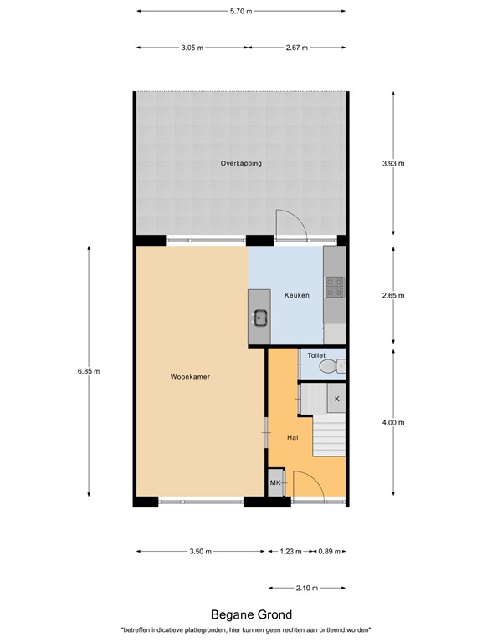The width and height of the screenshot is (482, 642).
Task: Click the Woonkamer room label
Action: (x=190, y=377)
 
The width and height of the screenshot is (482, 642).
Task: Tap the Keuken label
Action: (x=297, y=295)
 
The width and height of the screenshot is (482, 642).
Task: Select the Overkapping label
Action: (x=241, y=163)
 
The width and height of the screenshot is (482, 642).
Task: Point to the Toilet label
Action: (x=315, y=355)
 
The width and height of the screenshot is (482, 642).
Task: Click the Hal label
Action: (x=293, y=437)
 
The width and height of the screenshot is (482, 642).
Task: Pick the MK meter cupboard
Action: (x=275, y=483)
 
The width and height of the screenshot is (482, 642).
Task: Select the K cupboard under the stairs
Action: (x=336, y=399)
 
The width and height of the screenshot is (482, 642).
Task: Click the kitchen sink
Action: (x=260, y=317)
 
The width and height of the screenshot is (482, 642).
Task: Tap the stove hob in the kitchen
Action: (x=334, y=287)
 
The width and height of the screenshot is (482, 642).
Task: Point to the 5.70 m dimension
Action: (x=241, y=11)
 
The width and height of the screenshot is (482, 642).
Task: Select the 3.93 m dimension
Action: (x=393, y=164)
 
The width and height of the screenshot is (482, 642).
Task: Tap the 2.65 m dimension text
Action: (x=393, y=295)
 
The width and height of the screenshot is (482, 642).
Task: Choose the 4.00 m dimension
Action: (x=393, y=422)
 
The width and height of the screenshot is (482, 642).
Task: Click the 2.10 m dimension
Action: (x=307, y=588)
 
